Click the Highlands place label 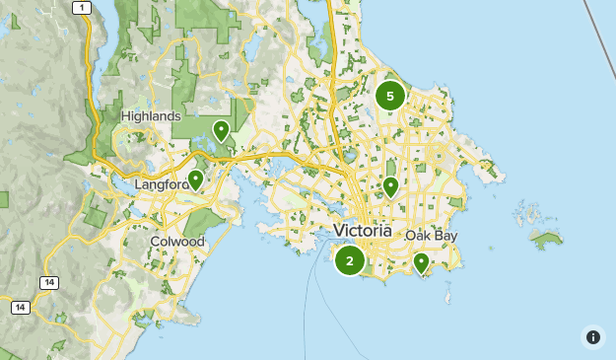click(x=151, y=116)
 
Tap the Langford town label click(x=161, y=184)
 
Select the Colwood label click(x=177, y=241)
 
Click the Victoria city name click(x=362, y=231)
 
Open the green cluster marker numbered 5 click(x=390, y=96)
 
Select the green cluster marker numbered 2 click(x=349, y=261)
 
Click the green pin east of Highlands click(x=221, y=129)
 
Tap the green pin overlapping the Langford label click(x=195, y=180)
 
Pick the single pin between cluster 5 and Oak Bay click(x=390, y=185)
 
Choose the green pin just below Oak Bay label click(x=421, y=262)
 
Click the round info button click(x=593, y=337)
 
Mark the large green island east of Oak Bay click(x=545, y=240)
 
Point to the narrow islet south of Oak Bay click(x=447, y=294)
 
